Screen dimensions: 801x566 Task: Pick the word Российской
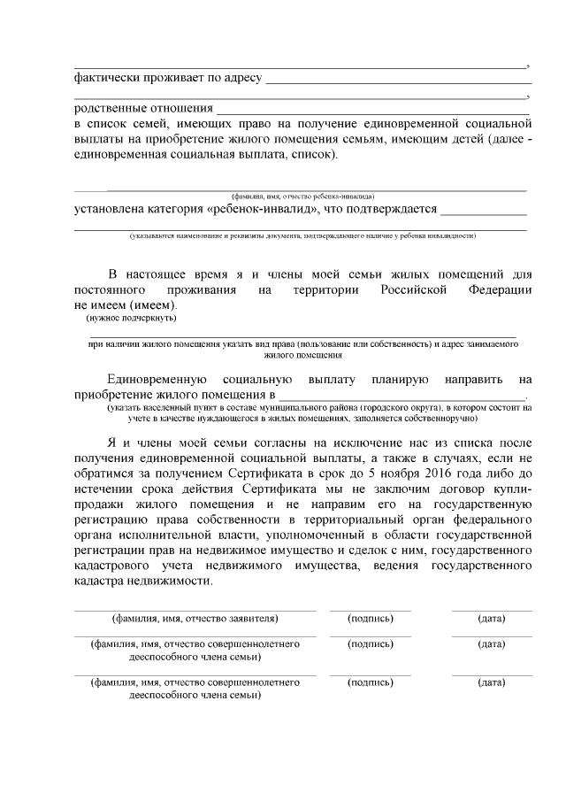pos(414,289)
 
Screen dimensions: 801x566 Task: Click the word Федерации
pos(500,289)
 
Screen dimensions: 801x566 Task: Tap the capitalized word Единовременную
pos(157,379)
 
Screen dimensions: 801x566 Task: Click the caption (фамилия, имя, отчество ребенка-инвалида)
pos(302,196)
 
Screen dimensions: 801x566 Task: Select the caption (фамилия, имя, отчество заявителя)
pos(195,618)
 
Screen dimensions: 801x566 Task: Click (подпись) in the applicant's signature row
pos(371,618)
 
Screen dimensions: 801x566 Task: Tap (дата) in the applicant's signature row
pos(491,618)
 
